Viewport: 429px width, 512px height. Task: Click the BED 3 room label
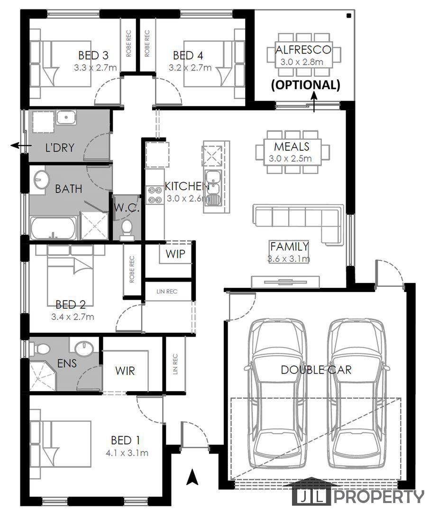(93, 55)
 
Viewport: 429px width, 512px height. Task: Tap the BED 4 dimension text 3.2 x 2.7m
(190, 68)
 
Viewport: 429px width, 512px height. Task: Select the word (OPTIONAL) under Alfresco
(306, 84)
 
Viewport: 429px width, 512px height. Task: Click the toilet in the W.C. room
(127, 229)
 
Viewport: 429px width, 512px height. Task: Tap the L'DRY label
(60, 147)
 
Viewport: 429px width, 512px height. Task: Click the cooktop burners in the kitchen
(154, 195)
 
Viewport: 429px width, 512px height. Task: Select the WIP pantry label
(175, 254)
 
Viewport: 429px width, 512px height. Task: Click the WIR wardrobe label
(125, 371)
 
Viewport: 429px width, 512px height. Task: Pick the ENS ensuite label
(67, 363)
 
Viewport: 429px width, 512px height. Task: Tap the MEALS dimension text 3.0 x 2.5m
(290, 159)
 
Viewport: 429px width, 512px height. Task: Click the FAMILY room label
(290, 246)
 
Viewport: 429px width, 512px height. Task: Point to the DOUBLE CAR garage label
(316, 370)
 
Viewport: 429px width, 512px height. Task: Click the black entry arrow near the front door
(192, 477)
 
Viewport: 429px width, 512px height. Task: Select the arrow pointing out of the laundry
(21, 146)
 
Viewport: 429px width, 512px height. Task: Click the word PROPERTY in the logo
(379, 497)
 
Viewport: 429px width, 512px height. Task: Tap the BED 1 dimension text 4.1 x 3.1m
(127, 453)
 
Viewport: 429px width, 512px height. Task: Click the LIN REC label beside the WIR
(175, 364)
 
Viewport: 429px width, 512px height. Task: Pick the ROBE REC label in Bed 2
(132, 269)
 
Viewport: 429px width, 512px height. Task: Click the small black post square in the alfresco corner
(349, 15)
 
